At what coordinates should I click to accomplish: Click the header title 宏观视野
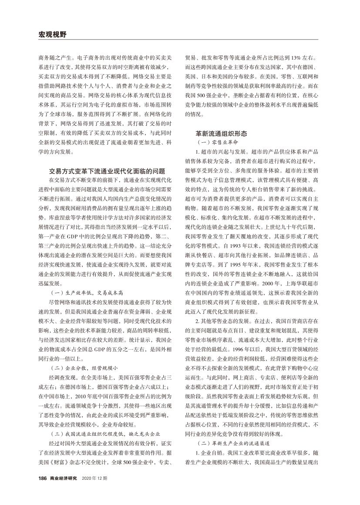pos(53,34)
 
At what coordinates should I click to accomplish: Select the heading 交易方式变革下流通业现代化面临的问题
pos(108,170)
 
